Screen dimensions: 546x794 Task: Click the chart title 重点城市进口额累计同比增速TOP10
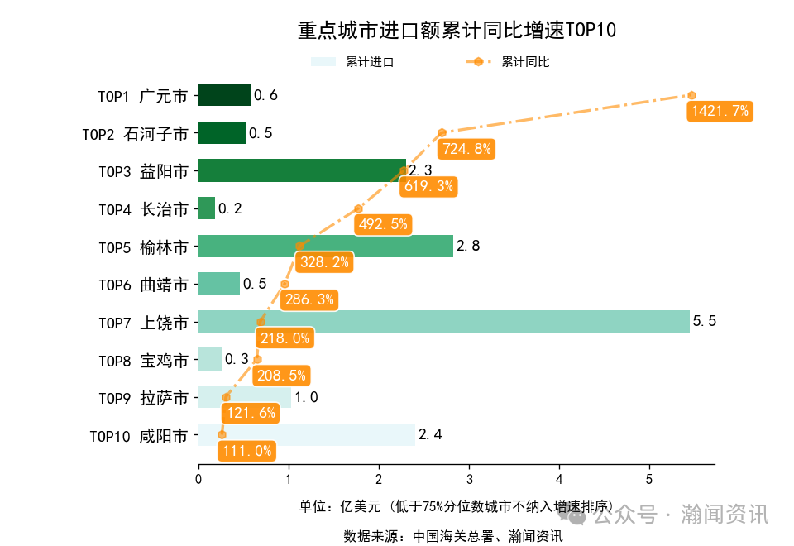tap(457, 31)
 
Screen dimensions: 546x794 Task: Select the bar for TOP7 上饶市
tap(443, 321)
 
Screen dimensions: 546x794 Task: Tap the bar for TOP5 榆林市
tap(325, 246)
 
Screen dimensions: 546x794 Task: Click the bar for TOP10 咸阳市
tap(306, 434)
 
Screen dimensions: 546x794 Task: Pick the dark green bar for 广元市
tap(224, 95)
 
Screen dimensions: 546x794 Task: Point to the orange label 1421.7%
tap(720, 111)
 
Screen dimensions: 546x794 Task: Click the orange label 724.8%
tap(466, 149)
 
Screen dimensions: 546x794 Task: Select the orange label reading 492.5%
tap(381, 224)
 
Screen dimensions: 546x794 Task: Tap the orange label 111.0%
tap(246, 451)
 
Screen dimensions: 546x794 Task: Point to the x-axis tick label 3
tap(469, 479)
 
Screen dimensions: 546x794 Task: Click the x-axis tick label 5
tap(649, 479)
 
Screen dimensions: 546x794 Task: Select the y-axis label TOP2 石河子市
tap(136, 134)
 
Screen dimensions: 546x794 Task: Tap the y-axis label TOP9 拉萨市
tap(143, 398)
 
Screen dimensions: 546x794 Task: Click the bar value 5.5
tap(704, 321)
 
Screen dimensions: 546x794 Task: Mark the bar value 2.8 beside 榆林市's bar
tap(468, 246)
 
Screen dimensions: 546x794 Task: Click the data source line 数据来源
tap(453, 535)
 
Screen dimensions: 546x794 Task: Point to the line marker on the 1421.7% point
tap(691, 95)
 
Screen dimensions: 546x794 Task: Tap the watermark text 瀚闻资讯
tap(725, 515)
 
